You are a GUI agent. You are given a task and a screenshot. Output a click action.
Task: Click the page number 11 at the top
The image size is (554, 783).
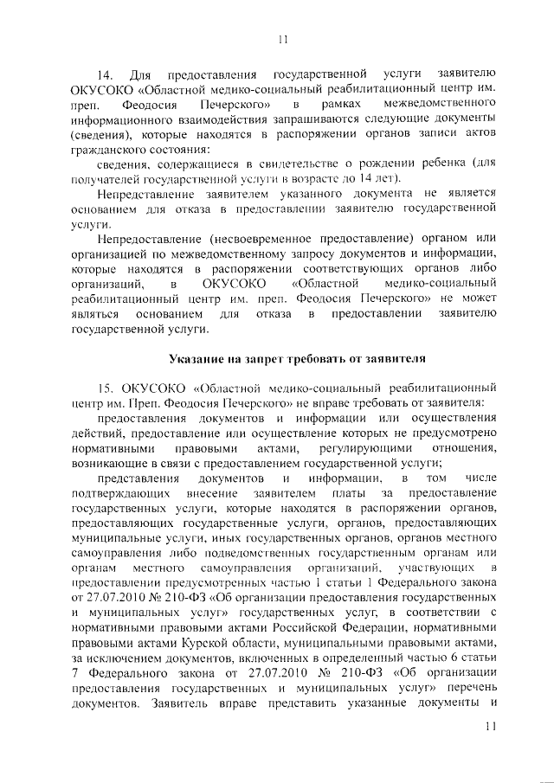281,39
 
